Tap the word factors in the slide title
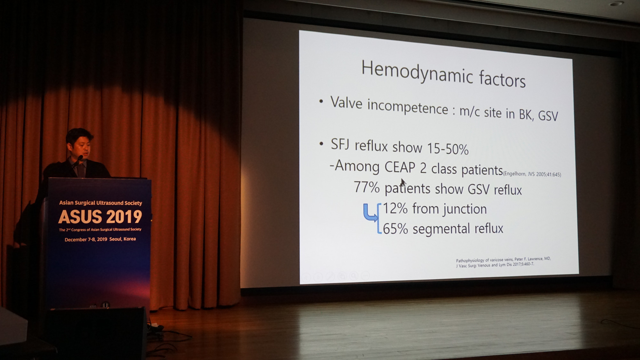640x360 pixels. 502,79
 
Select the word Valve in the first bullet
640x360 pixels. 346,103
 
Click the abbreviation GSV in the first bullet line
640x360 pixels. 548,115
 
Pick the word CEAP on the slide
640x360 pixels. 400,167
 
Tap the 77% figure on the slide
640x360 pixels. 367,187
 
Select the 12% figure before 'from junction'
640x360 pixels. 396,208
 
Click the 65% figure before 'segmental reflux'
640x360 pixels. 396,229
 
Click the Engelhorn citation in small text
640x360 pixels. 532,174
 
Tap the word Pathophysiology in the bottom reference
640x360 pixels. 470,260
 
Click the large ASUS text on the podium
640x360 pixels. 80,217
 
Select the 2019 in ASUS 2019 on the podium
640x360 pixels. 124,217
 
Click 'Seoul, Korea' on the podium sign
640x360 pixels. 122,239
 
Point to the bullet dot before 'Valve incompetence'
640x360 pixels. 321,101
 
